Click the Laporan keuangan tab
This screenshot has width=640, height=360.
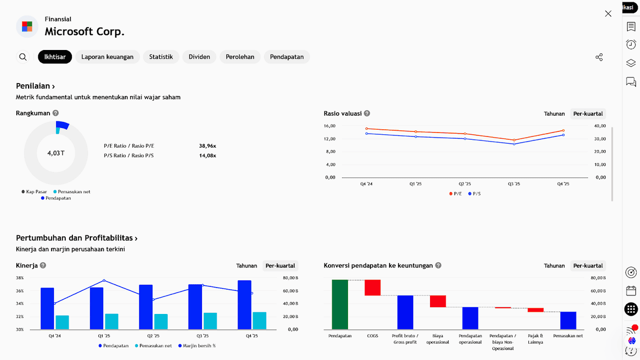(107, 57)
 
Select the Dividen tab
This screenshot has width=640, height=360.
(199, 57)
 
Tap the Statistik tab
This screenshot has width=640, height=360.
(161, 57)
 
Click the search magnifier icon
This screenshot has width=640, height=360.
(23, 57)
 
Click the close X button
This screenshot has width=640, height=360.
(608, 13)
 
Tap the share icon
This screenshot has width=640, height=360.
(599, 57)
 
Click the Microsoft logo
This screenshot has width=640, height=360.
(27, 26)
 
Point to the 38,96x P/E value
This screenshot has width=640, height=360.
(207, 146)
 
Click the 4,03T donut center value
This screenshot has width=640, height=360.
(56, 153)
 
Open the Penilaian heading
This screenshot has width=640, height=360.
(35, 86)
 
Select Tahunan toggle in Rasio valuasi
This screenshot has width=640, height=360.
(554, 113)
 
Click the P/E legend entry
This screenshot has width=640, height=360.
(455, 194)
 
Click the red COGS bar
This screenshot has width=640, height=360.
(372, 288)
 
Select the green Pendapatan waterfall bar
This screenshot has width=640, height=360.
(340, 304)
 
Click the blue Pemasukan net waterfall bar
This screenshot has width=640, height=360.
(568, 320)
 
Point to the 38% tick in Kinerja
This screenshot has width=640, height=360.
(20, 278)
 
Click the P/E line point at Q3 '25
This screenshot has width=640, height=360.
(514, 140)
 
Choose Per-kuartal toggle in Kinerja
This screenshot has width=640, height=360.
(280, 266)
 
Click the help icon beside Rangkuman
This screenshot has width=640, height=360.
(56, 113)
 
